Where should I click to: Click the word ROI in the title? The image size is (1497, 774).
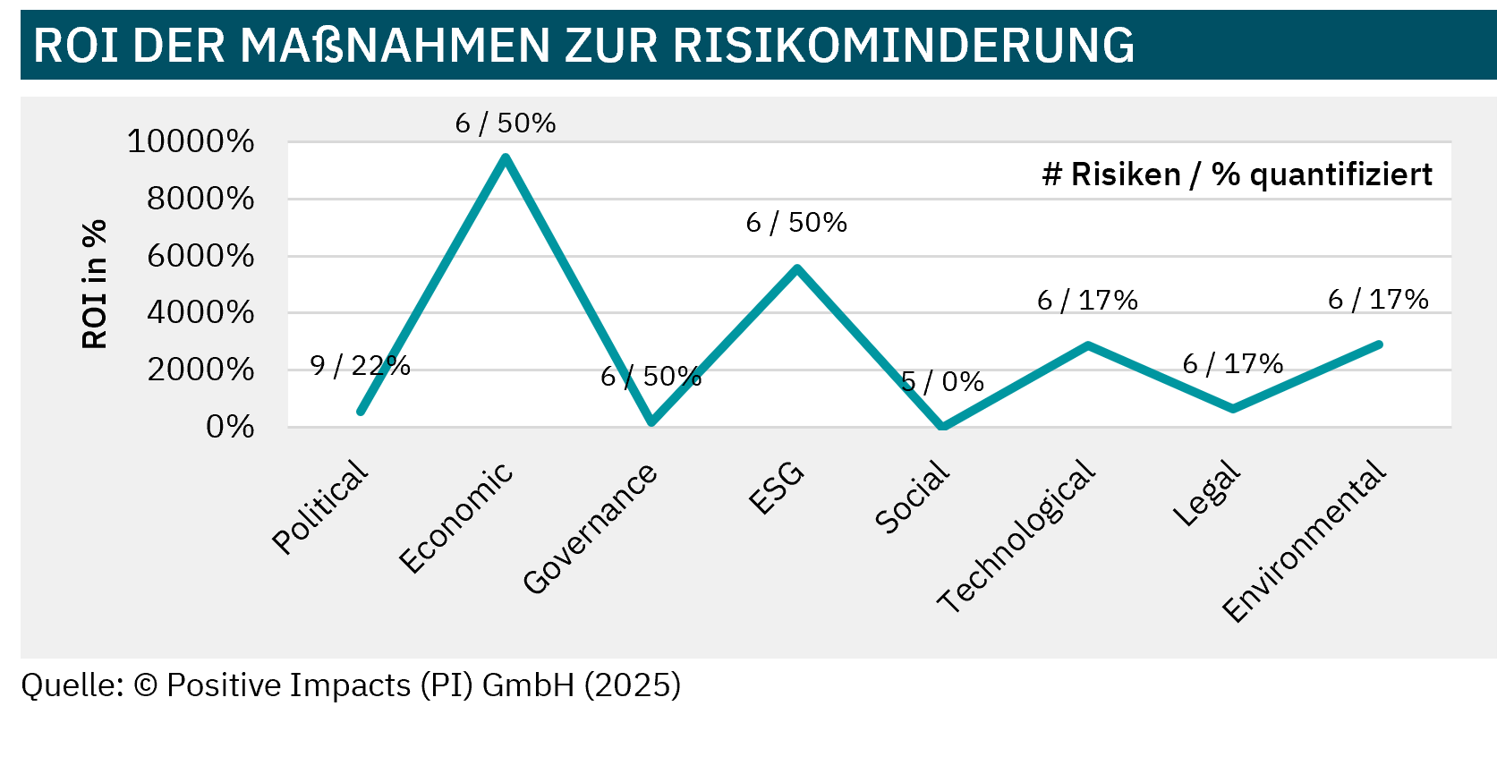75,45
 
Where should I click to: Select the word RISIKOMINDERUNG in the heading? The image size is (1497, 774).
903,45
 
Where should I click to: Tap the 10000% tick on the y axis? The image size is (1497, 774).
191,141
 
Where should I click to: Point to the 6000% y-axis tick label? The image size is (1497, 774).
200,257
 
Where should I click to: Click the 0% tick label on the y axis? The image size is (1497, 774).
230,428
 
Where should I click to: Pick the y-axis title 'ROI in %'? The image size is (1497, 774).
95,284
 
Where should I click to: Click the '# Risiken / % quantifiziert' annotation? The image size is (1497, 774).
1237,174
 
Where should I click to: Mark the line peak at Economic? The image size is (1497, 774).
506,158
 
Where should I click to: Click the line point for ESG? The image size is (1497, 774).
797,268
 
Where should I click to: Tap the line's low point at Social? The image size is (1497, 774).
942,427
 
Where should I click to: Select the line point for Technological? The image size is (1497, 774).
1088,344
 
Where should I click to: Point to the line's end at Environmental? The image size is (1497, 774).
1379,344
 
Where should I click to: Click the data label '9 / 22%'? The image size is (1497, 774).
360,366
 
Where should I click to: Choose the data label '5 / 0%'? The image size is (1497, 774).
942,383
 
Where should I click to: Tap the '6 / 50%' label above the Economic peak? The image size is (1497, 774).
506,123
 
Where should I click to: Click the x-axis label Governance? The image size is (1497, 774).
591,530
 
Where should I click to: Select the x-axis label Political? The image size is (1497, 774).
320,507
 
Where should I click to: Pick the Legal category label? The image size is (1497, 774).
1207,494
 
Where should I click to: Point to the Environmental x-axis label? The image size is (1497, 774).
1305,542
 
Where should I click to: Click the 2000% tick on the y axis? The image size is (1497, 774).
200,370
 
